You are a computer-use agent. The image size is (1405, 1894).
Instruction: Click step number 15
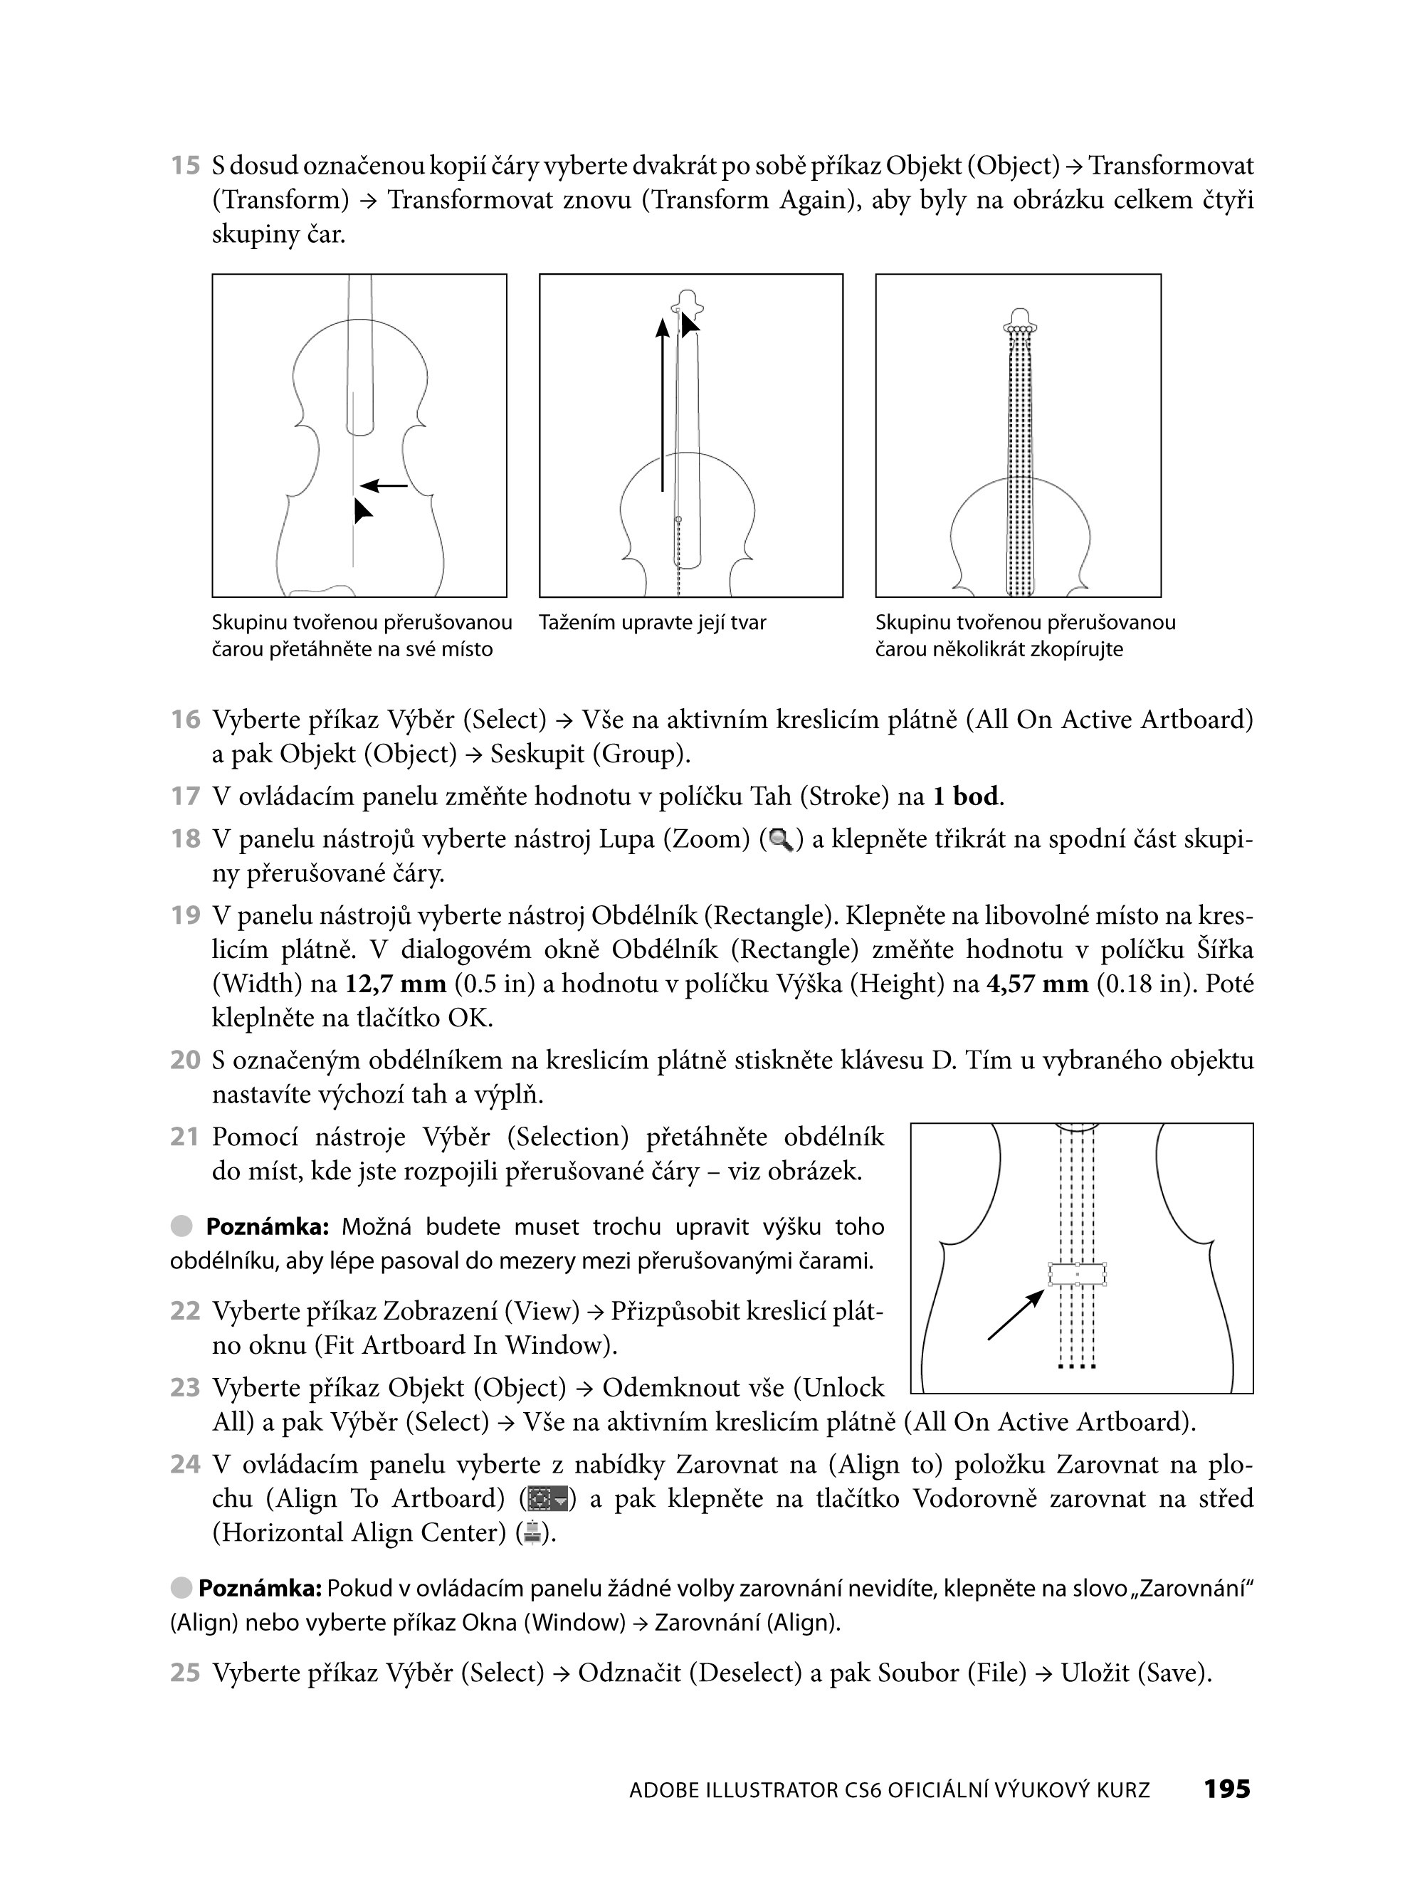[x=184, y=165]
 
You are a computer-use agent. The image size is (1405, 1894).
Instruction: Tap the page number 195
[x=1226, y=1789]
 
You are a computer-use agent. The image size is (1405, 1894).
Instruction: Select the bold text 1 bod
[x=966, y=797]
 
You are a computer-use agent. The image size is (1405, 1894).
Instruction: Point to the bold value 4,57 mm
[x=1037, y=984]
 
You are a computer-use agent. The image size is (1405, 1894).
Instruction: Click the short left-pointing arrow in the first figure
[x=384, y=485]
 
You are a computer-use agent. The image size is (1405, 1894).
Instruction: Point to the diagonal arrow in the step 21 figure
[x=1016, y=1315]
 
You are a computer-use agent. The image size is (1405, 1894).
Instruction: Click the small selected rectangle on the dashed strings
[x=1077, y=1274]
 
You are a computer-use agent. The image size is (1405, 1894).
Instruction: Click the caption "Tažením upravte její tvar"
[x=652, y=623]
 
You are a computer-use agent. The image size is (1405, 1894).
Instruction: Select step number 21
[x=184, y=1137]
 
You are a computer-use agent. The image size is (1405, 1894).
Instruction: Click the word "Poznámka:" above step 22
[x=267, y=1226]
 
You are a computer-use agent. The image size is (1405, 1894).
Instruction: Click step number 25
[x=184, y=1673]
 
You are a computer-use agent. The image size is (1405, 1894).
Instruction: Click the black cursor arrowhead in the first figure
[x=362, y=510]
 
